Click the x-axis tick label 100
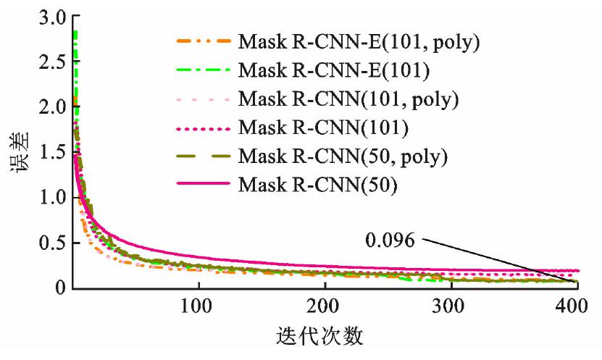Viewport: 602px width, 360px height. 197,304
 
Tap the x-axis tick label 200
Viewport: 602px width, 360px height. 324,304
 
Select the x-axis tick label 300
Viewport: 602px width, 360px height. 451,304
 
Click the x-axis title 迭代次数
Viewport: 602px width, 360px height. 319,337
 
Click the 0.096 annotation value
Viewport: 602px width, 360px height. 390,240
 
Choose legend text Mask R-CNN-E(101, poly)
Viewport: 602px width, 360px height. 359,41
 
